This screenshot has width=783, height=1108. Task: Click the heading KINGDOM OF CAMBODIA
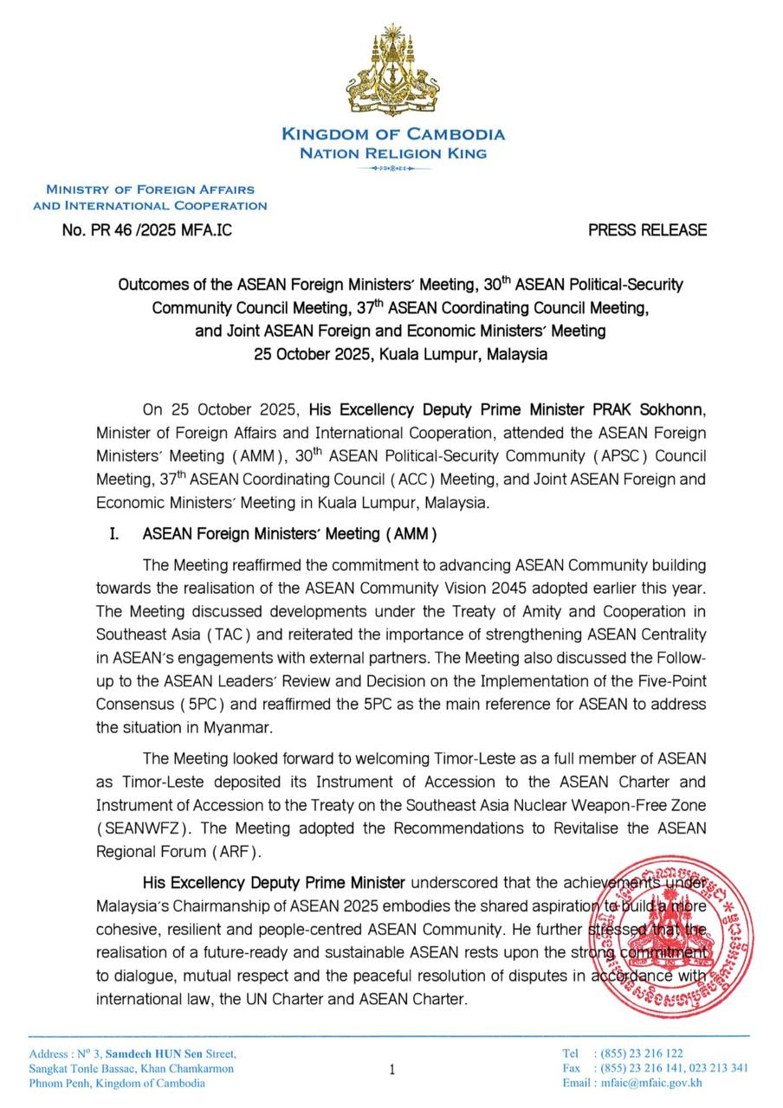click(x=392, y=134)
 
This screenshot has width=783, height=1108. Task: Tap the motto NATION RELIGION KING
click(x=392, y=153)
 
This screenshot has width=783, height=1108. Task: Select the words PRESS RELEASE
click(x=647, y=230)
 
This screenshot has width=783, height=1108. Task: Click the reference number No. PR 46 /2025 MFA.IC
click(x=147, y=230)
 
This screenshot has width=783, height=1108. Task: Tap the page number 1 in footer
click(x=391, y=1070)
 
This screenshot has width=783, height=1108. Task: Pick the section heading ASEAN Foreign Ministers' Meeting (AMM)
click(x=289, y=534)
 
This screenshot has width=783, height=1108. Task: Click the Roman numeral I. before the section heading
click(x=113, y=534)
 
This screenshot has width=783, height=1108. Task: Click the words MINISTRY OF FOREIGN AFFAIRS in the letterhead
click(x=150, y=189)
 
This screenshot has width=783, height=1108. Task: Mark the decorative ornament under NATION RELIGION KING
click(x=392, y=170)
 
